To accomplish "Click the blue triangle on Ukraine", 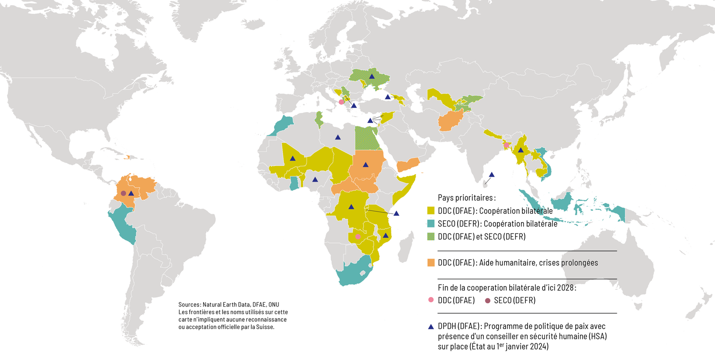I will (371, 76).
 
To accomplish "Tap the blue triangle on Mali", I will (293, 158).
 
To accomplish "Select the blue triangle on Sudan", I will (365, 165).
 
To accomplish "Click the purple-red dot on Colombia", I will (123, 193).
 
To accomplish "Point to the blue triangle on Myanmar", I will (521, 150).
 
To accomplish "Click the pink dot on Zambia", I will (358, 237).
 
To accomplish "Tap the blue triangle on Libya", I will (337, 137).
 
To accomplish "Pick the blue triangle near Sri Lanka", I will (492, 175).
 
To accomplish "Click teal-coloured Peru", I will (122, 224).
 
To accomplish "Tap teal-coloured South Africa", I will (353, 274).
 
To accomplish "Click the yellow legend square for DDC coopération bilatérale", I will (431, 210).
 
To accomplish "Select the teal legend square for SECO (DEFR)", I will (431, 223).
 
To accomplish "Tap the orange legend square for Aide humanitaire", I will (431, 263).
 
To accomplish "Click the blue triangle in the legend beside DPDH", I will (431, 327).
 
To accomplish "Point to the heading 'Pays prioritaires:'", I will (460, 197).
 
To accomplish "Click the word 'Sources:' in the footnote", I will (189, 305).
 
